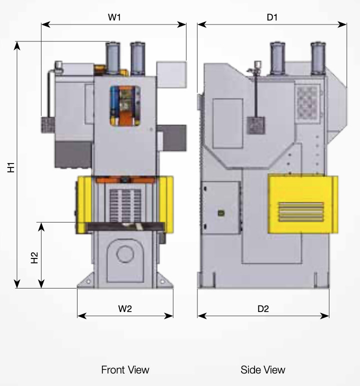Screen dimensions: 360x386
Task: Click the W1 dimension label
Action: tap(114, 17)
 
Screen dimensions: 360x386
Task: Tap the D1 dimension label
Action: tap(272, 17)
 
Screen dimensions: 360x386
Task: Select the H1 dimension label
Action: tap(11, 167)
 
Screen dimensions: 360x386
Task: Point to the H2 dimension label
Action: tap(34, 257)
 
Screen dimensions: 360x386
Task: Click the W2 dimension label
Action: tap(125, 308)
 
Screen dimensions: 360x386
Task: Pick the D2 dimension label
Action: tap(263, 308)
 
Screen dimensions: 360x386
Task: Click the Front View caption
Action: tap(125, 370)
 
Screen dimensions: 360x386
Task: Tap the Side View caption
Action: tap(262, 370)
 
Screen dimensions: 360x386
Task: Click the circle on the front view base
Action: tap(125, 254)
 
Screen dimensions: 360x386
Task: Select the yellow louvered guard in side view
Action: tap(303, 204)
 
